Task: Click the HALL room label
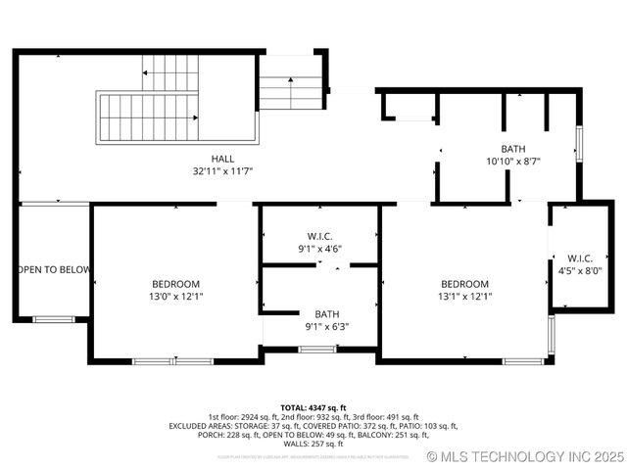[x=222, y=159]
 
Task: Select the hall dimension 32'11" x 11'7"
[x=222, y=171]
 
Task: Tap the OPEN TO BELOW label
[x=54, y=270]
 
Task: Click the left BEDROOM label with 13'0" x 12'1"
[x=176, y=284]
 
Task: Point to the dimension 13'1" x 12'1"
[x=464, y=296]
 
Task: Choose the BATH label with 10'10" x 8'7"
[x=513, y=150]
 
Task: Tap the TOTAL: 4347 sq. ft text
[x=313, y=407]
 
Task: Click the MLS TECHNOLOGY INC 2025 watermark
[x=526, y=456]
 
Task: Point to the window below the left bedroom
[x=172, y=361]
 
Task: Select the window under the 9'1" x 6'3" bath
[x=316, y=349]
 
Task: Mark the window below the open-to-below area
[x=53, y=319]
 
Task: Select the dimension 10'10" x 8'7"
[x=513, y=162]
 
